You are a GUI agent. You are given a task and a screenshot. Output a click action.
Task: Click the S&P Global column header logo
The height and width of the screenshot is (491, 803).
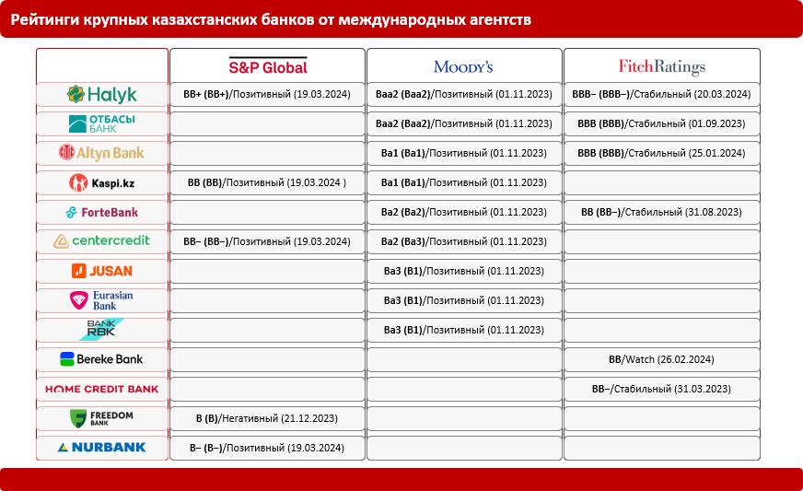(x=268, y=66)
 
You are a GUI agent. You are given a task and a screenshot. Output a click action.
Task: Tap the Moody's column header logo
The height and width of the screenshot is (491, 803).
(x=463, y=66)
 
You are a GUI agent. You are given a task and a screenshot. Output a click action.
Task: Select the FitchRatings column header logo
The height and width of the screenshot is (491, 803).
(x=661, y=66)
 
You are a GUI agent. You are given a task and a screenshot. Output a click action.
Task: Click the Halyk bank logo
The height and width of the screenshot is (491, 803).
(x=102, y=94)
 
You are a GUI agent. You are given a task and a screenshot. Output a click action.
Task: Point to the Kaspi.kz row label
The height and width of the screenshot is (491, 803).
(x=102, y=182)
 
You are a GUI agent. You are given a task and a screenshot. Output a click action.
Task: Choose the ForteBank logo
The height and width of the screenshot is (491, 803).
(x=102, y=212)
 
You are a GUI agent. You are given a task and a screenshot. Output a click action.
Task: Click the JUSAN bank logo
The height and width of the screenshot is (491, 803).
(x=102, y=271)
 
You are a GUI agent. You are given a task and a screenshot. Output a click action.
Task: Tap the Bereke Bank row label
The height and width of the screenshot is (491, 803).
(x=102, y=359)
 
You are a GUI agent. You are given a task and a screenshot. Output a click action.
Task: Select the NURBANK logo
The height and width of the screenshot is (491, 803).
(x=102, y=448)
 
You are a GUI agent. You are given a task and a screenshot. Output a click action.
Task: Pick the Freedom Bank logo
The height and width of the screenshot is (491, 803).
(x=102, y=418)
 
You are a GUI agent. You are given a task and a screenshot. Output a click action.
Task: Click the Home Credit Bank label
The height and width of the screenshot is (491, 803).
(x=102, y=389)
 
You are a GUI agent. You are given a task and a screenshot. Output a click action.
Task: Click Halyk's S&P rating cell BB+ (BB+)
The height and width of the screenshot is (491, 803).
(x=267, y=94)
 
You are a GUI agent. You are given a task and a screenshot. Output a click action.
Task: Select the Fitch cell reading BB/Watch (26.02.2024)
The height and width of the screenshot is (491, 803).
(x=661, y=359)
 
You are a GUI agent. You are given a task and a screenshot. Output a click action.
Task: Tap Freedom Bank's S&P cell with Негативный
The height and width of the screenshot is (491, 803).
(x=267, y=418)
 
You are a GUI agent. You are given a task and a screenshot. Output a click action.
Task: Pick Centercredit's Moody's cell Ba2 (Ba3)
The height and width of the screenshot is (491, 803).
(x=464, y=241)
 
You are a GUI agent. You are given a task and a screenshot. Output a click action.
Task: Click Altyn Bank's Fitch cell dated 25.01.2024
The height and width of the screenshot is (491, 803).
(x=661, y=153)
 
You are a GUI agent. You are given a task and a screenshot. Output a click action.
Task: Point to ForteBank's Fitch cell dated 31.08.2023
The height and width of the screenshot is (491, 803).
(x=661, y=212)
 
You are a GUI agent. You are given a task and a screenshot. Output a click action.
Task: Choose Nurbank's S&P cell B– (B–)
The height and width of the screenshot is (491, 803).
(x=267, y=448)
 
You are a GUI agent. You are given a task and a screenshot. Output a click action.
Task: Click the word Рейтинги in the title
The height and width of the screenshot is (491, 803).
(x=47, y=18)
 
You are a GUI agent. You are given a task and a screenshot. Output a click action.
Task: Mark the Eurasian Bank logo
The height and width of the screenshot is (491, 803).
(x=102, y=300)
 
